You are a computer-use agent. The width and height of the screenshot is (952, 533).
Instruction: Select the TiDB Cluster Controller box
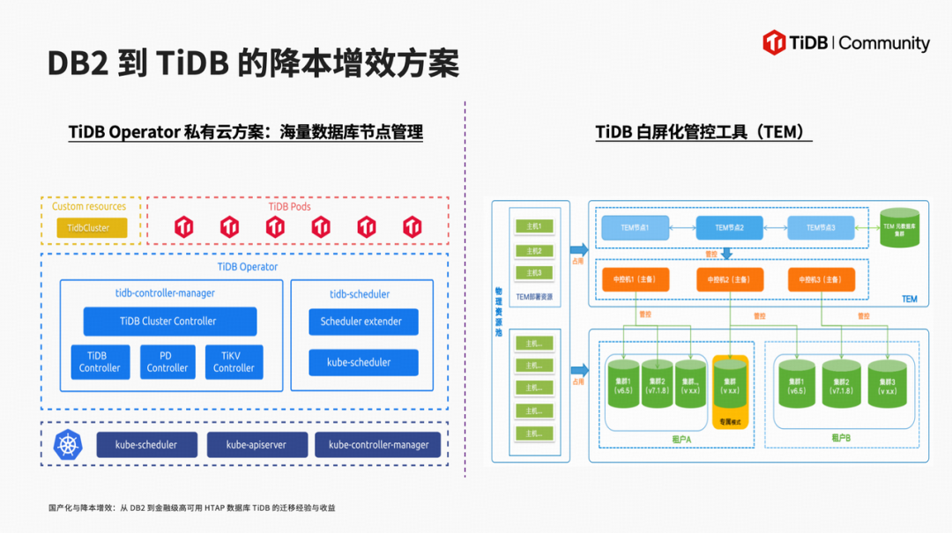(169, 322)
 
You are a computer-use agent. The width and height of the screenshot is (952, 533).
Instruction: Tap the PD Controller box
(167, 362)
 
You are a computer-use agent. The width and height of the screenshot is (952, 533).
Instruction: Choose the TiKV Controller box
(234, 362)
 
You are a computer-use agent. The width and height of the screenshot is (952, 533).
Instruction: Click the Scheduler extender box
(362, 322)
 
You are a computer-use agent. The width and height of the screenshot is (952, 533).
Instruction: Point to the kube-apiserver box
(258, 445)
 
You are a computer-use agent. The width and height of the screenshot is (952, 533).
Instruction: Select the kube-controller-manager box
(378, 445)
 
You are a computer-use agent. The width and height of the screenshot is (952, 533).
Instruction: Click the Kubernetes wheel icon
(68, 445)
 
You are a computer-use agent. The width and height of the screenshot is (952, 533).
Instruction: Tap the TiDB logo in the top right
(775, 42)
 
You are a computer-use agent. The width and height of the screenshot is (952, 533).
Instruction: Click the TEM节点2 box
(730, 228)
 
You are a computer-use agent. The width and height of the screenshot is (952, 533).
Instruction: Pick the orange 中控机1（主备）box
(635, 279)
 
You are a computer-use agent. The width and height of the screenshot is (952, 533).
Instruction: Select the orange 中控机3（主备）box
(821, 279)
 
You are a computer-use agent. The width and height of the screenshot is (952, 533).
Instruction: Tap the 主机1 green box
(534, 226)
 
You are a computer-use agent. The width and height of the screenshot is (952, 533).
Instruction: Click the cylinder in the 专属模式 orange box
(730, 382)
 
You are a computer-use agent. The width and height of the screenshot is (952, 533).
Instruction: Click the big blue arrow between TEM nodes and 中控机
(727, 253)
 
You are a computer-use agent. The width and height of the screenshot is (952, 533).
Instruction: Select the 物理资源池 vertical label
(498, 313)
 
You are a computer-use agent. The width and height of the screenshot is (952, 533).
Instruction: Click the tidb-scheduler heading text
(360, 294)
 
